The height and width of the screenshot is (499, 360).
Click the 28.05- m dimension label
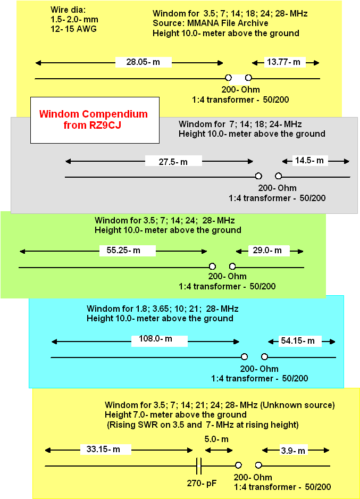pyautogui.click(x=143, y=62)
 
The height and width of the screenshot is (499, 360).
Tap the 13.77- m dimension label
pyautogui.click(x=283, y=62)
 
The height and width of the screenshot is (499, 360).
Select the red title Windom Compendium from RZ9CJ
pyautogui.click(x=94, y=119)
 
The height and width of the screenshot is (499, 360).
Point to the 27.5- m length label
pyautogui.click(x=173, y=162)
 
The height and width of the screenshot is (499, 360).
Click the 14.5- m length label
pyautogui.click(x=309, y=160)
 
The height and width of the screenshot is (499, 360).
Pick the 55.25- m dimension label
pyautogui.click(x=123, y=250)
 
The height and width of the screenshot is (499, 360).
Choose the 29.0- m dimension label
pyautogui.click(x=267, y=250)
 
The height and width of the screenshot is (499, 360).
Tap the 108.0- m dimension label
pyautogui.click(x=155, y=338)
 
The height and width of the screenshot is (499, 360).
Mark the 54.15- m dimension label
pyautogui.click(x=298, y=341)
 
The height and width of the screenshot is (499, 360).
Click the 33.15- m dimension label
pyautogui.click(x=103, y=449)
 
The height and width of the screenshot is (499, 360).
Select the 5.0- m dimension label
pyautogui.click(x=216, y=439)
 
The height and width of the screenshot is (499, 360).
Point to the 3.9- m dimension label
pyautogui.click(x=293, y=451)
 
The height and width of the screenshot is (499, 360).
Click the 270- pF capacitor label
pyautogui.click(x=202, y=483)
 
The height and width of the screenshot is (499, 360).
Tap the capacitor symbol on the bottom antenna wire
pyautogui.click(x=199, y=466)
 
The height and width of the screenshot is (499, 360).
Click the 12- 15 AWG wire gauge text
pyautogui.click(x=73, y=29)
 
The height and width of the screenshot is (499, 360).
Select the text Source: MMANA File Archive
pyautogui.click(x=210, y=23)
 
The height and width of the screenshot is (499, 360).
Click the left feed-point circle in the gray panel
pyautogui.click(x=258, y=176)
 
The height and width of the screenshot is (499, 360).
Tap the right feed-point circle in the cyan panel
pyautogui.click(x=264, y=356)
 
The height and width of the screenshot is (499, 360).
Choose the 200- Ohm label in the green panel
pyautogui.click(x=228, y=276)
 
